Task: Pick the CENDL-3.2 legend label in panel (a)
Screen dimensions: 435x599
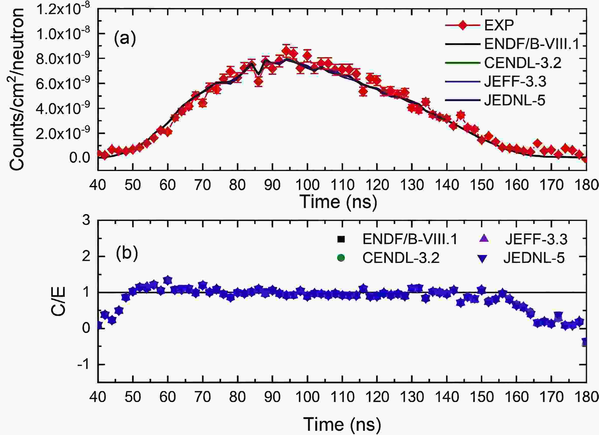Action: [x=523, y=63]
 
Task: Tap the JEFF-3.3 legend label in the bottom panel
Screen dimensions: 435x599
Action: [x=536, y=239]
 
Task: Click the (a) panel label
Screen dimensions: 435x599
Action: [x=125, y=39]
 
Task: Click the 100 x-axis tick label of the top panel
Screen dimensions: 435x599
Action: [x=307, y=185]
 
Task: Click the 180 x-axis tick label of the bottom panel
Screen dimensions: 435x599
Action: [x=586, y=397]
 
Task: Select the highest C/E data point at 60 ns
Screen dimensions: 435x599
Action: [x=168, y=280]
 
